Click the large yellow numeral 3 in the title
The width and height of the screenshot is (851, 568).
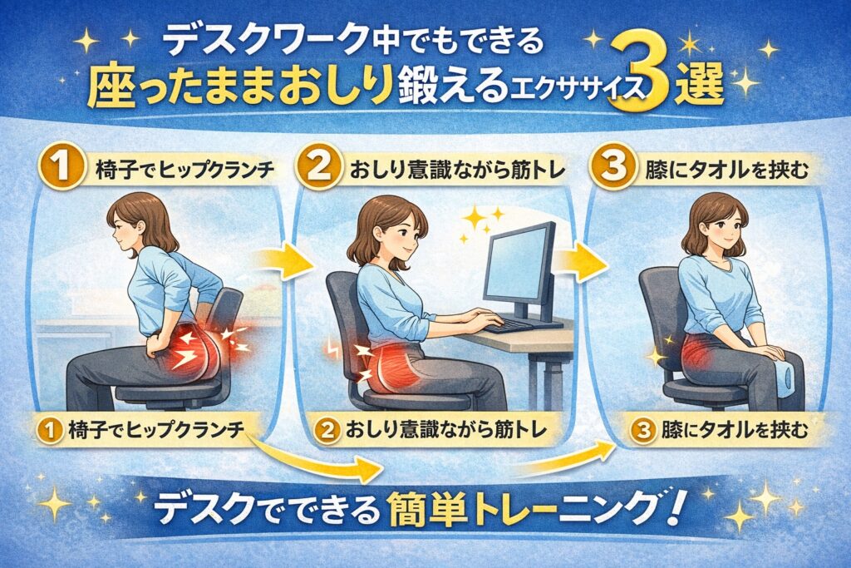pyautogui.click(x=642, y=81)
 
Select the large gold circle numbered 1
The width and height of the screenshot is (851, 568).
pyautogui.click(x=62, y=166)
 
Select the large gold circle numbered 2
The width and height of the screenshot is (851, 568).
pyautogui.click(x=320, y=166)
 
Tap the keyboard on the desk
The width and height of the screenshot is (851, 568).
pyautogui.click(x=507, y=325)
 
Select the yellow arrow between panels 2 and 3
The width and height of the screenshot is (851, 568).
pyautogui.click(x=579, y=261)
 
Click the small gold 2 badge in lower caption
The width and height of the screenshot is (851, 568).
pyautogui.click(x=327, y=430)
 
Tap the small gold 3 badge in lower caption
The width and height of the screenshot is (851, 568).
pyautogui.click(x=642, y=430)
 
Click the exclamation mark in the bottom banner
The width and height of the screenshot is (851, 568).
pyautogui.click(x=673, y=509)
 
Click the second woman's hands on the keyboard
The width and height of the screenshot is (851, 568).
pyautogui.click(x=479, y=317)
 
